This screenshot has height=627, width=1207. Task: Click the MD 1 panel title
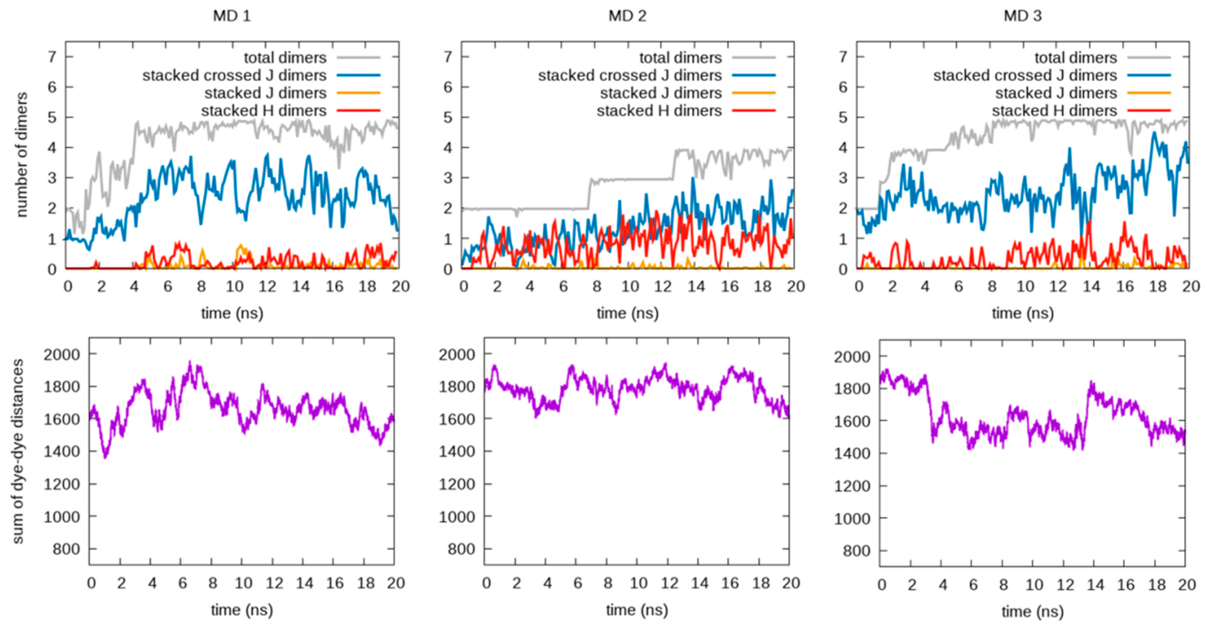click(x=232, y=16)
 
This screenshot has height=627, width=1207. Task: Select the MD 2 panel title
click(x=627, y=16)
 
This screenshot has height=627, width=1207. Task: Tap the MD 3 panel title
click(x=1022, y=16)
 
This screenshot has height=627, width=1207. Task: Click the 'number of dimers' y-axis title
click(x=22, y=155)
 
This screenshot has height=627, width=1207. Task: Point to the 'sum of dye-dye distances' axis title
click(x=18, y=451)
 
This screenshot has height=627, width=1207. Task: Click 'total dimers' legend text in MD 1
click(x=285, y=58)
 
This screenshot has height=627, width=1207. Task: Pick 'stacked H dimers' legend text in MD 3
click(x=1054, y=111)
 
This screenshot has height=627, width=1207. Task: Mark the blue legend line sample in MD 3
click(x=1149, y=76)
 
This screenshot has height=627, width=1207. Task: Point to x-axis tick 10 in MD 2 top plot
click(x=630, y=286)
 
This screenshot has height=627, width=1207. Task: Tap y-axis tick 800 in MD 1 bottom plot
click(x=66, y=549)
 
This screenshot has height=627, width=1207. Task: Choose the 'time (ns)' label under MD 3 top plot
click(x=1022, y=313)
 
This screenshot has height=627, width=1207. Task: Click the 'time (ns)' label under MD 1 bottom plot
click(x=242, y=610)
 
